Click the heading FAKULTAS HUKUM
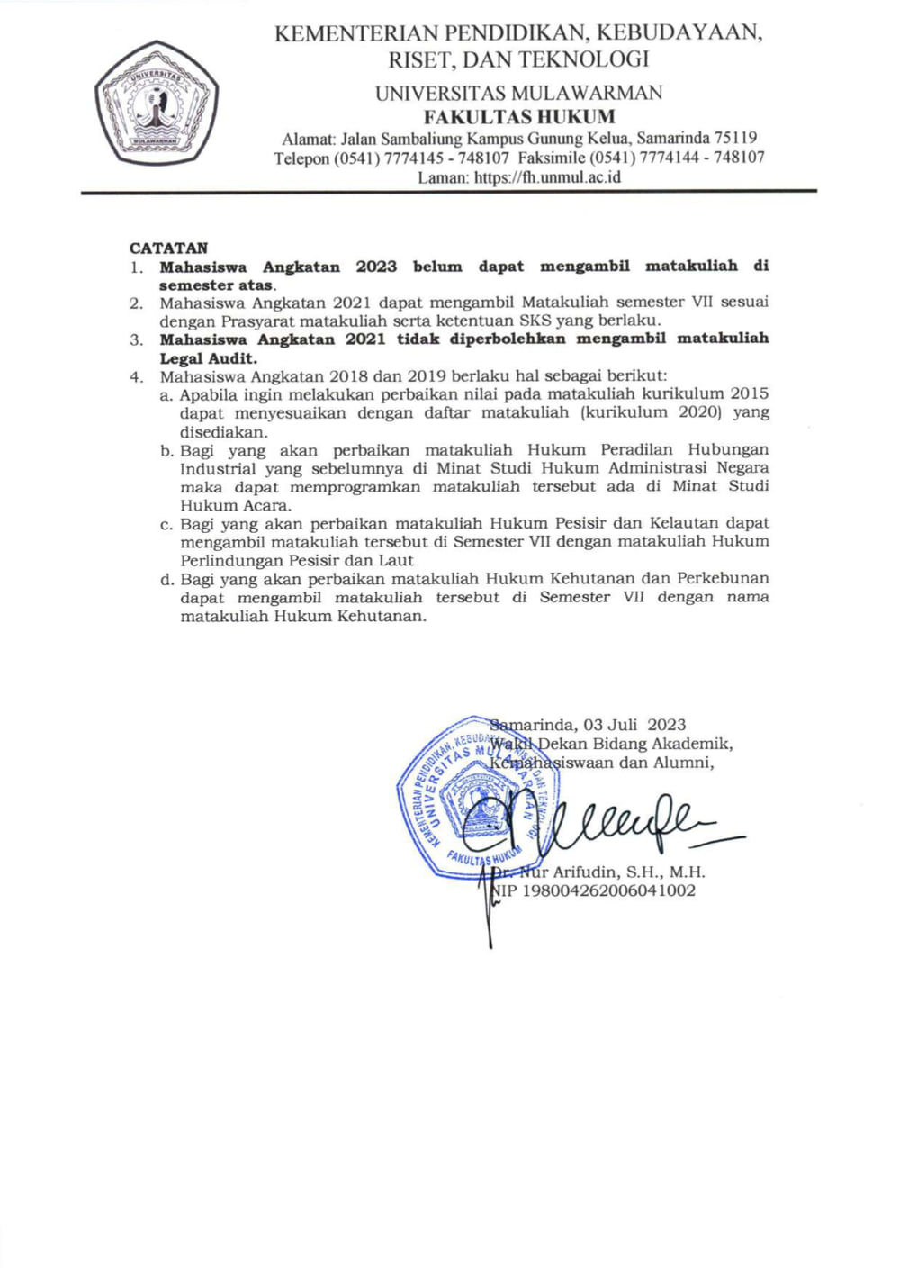click(x=519, y=117)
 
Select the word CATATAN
click(x=168, y=248)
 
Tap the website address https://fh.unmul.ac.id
click(x=547, y=177)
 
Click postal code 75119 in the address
click(x=735, y=139)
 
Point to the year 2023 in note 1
click(x=376, y=267)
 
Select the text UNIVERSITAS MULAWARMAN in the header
click(x=518, y=94)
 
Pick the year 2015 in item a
click(x=750, y=393)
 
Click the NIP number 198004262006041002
click(x=608, y=890)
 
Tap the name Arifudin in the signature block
click(x=586, y=872)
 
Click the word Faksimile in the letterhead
click(x=552, y=158)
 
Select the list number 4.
click(x=136, y=376)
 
